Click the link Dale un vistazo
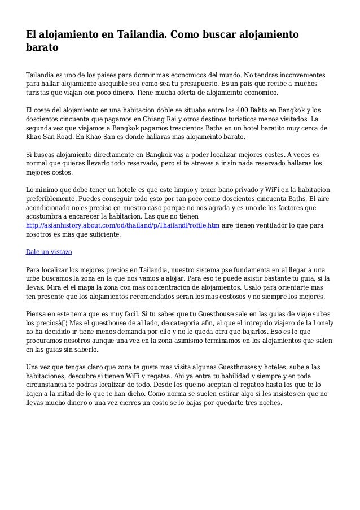click(49, 251)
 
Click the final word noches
click(267, 403)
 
